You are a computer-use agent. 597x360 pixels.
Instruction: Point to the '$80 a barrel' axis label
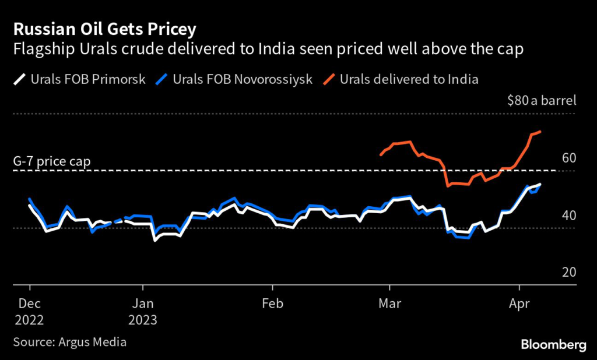coord(542,101)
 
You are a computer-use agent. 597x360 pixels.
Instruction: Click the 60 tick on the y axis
coord(568,158)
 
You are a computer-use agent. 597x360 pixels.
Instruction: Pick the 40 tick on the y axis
coord(568,216)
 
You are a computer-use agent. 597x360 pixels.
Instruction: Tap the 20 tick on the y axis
coord(568,273)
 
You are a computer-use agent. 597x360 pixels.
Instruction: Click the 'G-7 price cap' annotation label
coord(52,161)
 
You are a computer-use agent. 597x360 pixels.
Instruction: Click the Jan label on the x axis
coord(143,303)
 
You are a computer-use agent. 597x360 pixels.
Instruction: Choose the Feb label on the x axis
coord(272,303)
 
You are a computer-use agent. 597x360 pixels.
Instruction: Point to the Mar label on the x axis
coord(389,303)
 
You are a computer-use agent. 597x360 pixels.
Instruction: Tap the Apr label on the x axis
coord(519,303)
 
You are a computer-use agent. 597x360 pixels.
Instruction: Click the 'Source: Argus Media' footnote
coord(70,342)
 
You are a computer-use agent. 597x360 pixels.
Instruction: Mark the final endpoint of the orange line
coord(541,132)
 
